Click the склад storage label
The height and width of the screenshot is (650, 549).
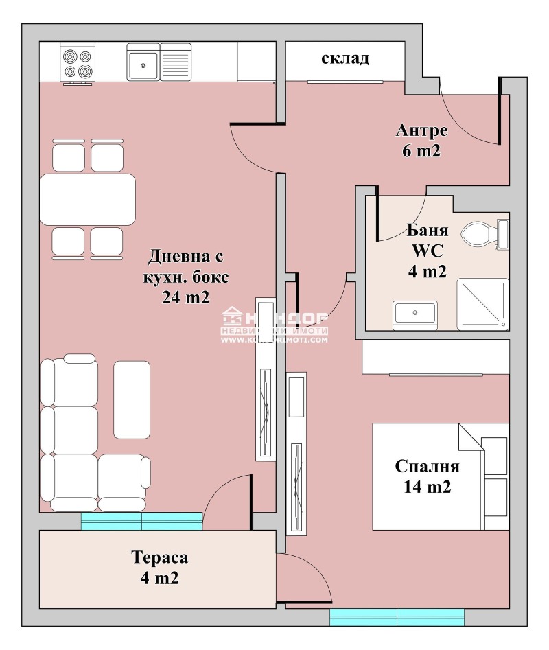click(345, 58)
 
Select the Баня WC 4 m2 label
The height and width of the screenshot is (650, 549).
click(427, 251)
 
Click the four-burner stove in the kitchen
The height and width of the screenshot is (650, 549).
click(76, 62)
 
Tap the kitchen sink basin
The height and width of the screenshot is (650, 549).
click(143, 63)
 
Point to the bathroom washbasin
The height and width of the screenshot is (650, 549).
click(414, 314)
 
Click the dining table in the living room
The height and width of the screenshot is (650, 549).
click(88, 199)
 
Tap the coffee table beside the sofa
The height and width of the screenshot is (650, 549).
click(131, 399)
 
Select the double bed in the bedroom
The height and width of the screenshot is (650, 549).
click(439, 476)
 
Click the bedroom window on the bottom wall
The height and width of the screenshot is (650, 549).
click(397, 617)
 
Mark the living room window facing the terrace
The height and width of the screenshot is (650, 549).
click(141, 522)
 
